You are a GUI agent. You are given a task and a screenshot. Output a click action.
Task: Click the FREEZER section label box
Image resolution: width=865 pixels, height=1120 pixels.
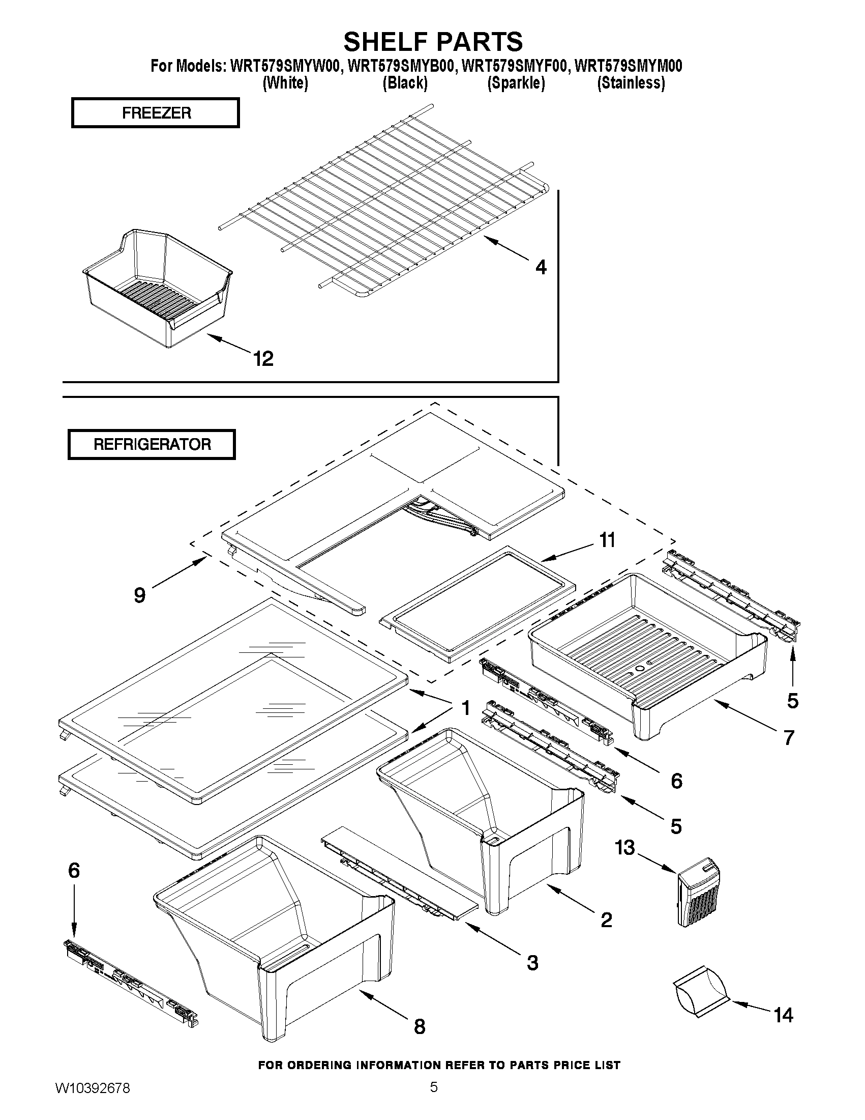point(155,113)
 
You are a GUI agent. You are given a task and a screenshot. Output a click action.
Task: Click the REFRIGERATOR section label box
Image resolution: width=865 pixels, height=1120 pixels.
point(152,444)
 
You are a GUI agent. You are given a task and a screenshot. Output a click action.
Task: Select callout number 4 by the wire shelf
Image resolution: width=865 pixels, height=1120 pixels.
point(541,267)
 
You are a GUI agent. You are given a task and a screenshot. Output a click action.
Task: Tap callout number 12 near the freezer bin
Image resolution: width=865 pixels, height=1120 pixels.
point(263,358)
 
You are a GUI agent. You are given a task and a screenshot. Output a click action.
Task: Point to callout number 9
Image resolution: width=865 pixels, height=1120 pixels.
point(139,595)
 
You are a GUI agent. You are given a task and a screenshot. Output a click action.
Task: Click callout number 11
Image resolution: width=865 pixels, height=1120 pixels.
point(607,540)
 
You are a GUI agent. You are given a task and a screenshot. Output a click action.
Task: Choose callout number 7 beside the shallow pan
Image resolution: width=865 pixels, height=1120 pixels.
point(789,737)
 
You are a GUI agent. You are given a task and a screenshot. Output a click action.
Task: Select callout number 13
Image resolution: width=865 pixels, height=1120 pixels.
point(625,848)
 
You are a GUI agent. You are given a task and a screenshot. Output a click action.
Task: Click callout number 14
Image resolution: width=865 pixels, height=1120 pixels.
point(783,1015)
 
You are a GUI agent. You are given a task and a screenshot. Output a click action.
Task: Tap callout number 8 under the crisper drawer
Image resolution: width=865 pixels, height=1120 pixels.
point(419,1026)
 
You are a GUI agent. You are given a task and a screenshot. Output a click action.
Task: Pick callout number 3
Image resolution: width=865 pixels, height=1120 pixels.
point(532,963)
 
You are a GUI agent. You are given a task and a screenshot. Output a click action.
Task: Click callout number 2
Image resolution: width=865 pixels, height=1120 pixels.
point(606,920)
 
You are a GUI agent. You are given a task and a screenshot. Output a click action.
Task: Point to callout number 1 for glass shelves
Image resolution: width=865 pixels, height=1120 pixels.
point(465,708)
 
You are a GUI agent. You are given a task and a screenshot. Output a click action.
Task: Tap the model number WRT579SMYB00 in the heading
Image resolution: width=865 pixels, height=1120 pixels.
point(401,66)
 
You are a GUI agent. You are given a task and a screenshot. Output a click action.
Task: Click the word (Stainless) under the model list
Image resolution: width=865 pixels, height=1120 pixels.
point(631,83)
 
